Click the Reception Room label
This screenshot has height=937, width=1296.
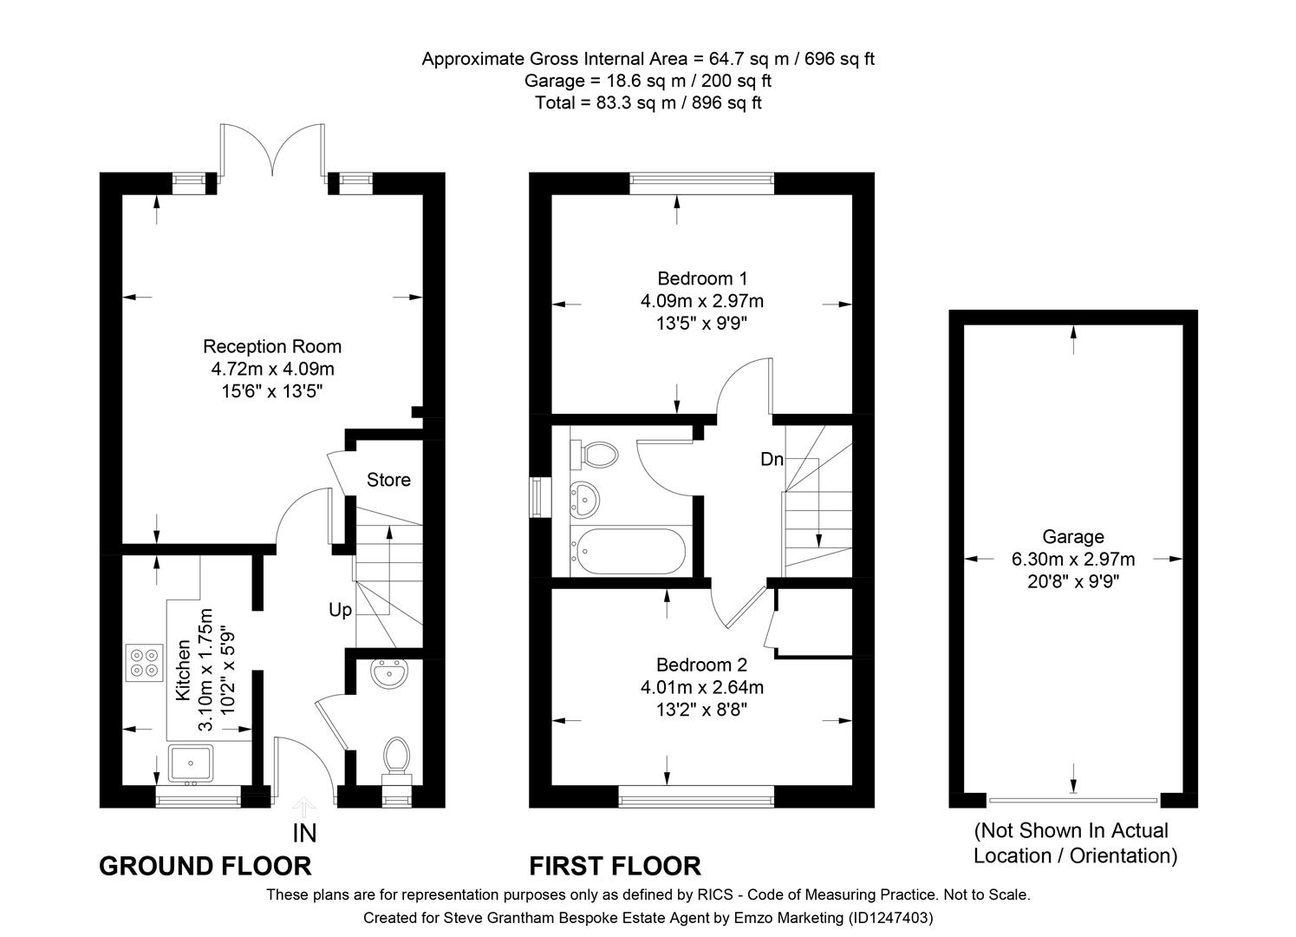[272, 346]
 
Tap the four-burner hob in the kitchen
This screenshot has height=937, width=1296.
[144, 661]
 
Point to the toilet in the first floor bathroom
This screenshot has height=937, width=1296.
[596, 453]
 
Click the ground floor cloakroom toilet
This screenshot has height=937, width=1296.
[397, 757]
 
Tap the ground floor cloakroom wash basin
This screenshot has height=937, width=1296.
[390, 674]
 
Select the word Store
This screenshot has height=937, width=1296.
[388, 480]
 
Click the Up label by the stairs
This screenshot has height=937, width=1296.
[340, 610]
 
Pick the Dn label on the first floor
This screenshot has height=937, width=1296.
[772, 459]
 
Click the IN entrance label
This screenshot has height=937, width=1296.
[304, 834]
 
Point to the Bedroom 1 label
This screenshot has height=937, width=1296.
[702, 278]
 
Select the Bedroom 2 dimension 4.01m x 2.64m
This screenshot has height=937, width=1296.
[702, 687]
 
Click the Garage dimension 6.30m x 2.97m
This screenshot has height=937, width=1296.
[1073, 560]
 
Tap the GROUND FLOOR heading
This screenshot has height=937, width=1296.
[205, 866]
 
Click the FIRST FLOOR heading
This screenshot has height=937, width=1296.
[615, 866]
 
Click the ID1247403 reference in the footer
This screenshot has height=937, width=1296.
[890, 917]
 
